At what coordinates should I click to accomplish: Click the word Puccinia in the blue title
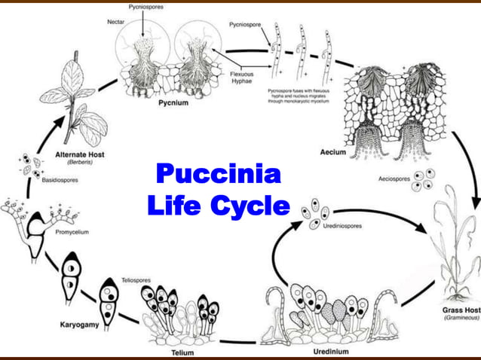pyautogui.click(x=218, y=175)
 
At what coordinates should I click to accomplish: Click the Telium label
pyautogui.click(x=183, y=352)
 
